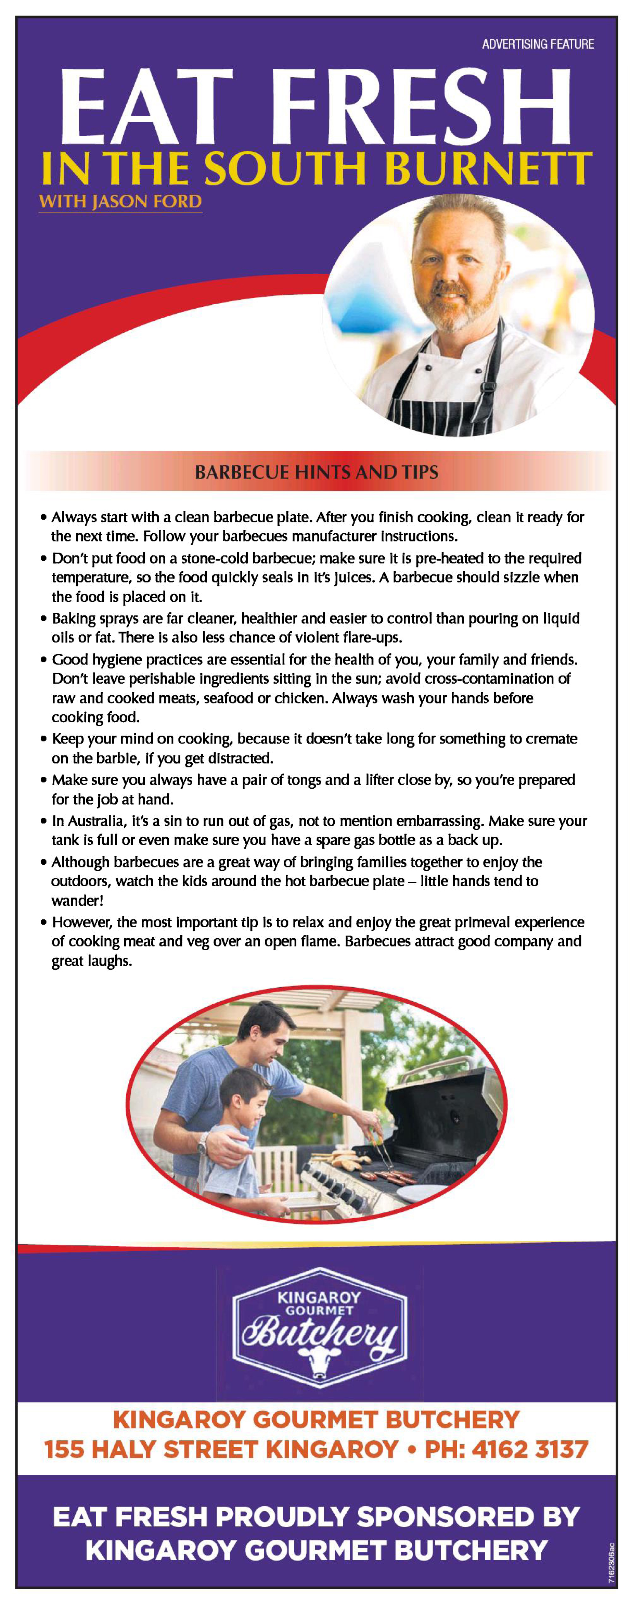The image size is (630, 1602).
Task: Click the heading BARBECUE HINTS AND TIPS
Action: tap(317, 472)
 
